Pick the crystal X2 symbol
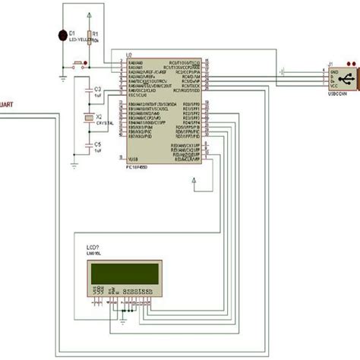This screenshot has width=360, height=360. (x=89, y=118)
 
